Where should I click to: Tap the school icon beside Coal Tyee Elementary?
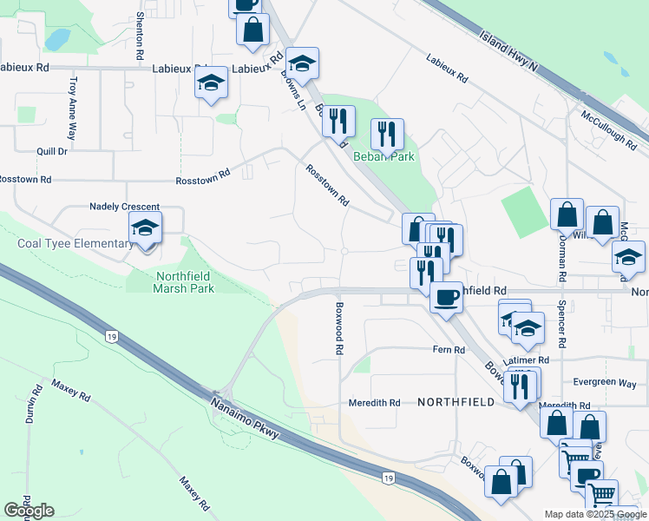pos(146,230)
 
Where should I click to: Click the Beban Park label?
pos(383,157)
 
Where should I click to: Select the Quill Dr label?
pos(52,151)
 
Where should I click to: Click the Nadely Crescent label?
pos(125,207)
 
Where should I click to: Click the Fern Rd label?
pos(449,349)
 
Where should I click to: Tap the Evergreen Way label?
pos(605,384)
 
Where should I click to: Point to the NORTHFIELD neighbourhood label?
pos(456,402)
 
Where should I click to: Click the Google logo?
pos(29,510)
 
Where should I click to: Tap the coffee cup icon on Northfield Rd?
pos(446,297)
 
